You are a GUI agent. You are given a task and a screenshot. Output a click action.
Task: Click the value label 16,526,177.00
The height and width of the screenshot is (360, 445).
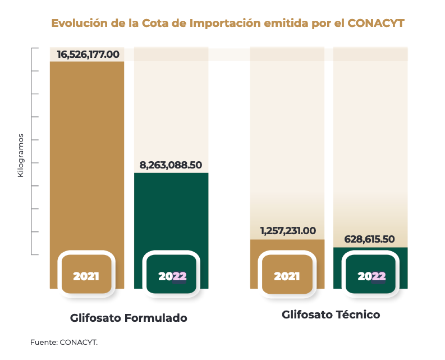[x=88, y=54]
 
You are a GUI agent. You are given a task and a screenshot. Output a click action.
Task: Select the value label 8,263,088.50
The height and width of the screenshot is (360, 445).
[x=171, y=165]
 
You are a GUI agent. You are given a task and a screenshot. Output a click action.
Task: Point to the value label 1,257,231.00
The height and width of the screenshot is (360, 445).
[x=288, y=231]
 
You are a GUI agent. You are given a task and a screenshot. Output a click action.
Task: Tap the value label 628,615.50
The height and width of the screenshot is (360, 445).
[x=370, y=239]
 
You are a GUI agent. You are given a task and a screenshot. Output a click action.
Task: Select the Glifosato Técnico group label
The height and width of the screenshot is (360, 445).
[x=331, y=315]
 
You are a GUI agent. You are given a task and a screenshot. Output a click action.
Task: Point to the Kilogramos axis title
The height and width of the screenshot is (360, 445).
[x=21, y=155]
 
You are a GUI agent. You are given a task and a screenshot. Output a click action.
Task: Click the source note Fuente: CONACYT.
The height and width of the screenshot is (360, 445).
[x=64, y=341]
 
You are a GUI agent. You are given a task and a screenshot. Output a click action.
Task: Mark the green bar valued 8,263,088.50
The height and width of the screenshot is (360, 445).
[x=171, y=213]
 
